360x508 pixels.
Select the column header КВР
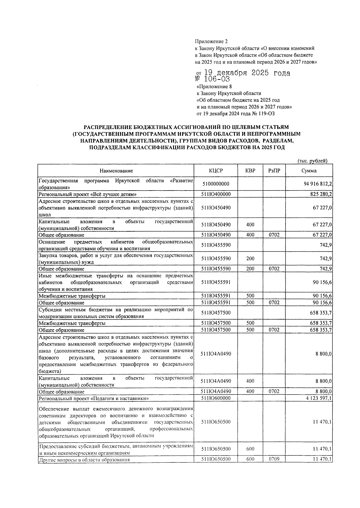point(250,171)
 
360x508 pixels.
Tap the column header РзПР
point(274,171)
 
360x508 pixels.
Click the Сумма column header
point(309,171)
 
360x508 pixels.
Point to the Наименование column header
point(116,171)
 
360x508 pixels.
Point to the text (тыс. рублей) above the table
point(312,161)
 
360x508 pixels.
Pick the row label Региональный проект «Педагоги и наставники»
point(94,398)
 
